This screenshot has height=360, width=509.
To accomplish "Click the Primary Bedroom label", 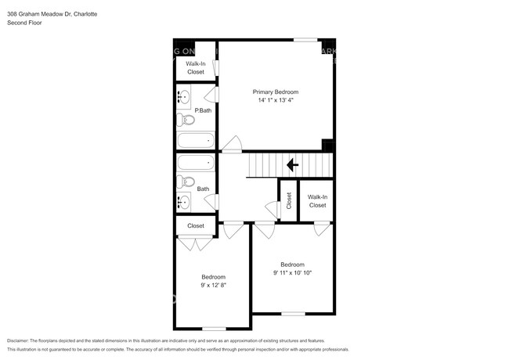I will (275, 92).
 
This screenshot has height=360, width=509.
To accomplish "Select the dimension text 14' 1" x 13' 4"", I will (275, 101).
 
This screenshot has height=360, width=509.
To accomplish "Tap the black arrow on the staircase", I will (292, 165).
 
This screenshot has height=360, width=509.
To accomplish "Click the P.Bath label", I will (203, 110).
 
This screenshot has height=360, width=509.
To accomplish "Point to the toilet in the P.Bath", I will (185, 120).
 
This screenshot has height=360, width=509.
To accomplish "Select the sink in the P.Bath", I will (184, 97).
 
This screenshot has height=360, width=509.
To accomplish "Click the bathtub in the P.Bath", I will (195, 141).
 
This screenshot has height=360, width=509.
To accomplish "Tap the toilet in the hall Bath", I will (186, 182).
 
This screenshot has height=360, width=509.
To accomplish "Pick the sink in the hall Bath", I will (184, 202).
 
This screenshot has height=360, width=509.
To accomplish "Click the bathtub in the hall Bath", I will (195, 164).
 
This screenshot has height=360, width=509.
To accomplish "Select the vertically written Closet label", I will (288, 200).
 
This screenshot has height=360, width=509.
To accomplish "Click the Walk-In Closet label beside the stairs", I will (317, 201).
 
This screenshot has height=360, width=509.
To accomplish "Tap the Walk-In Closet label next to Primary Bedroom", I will (195, 68).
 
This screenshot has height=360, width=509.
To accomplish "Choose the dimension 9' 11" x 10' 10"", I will (292, 273).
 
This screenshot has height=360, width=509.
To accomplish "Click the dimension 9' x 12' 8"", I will (213, 286).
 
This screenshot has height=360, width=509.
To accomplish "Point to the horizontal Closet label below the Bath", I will (195, 226).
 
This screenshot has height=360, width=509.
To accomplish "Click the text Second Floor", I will (23, 23).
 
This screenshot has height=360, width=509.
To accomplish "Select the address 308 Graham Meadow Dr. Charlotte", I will (58, 14).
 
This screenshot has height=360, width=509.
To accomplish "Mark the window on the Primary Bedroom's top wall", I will (305, 39).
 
